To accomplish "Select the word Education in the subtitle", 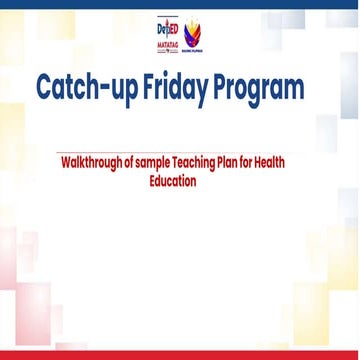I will tap(180, 182).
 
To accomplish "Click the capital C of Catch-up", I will tap(45, 89).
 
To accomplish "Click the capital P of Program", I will tap(227, 89).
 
